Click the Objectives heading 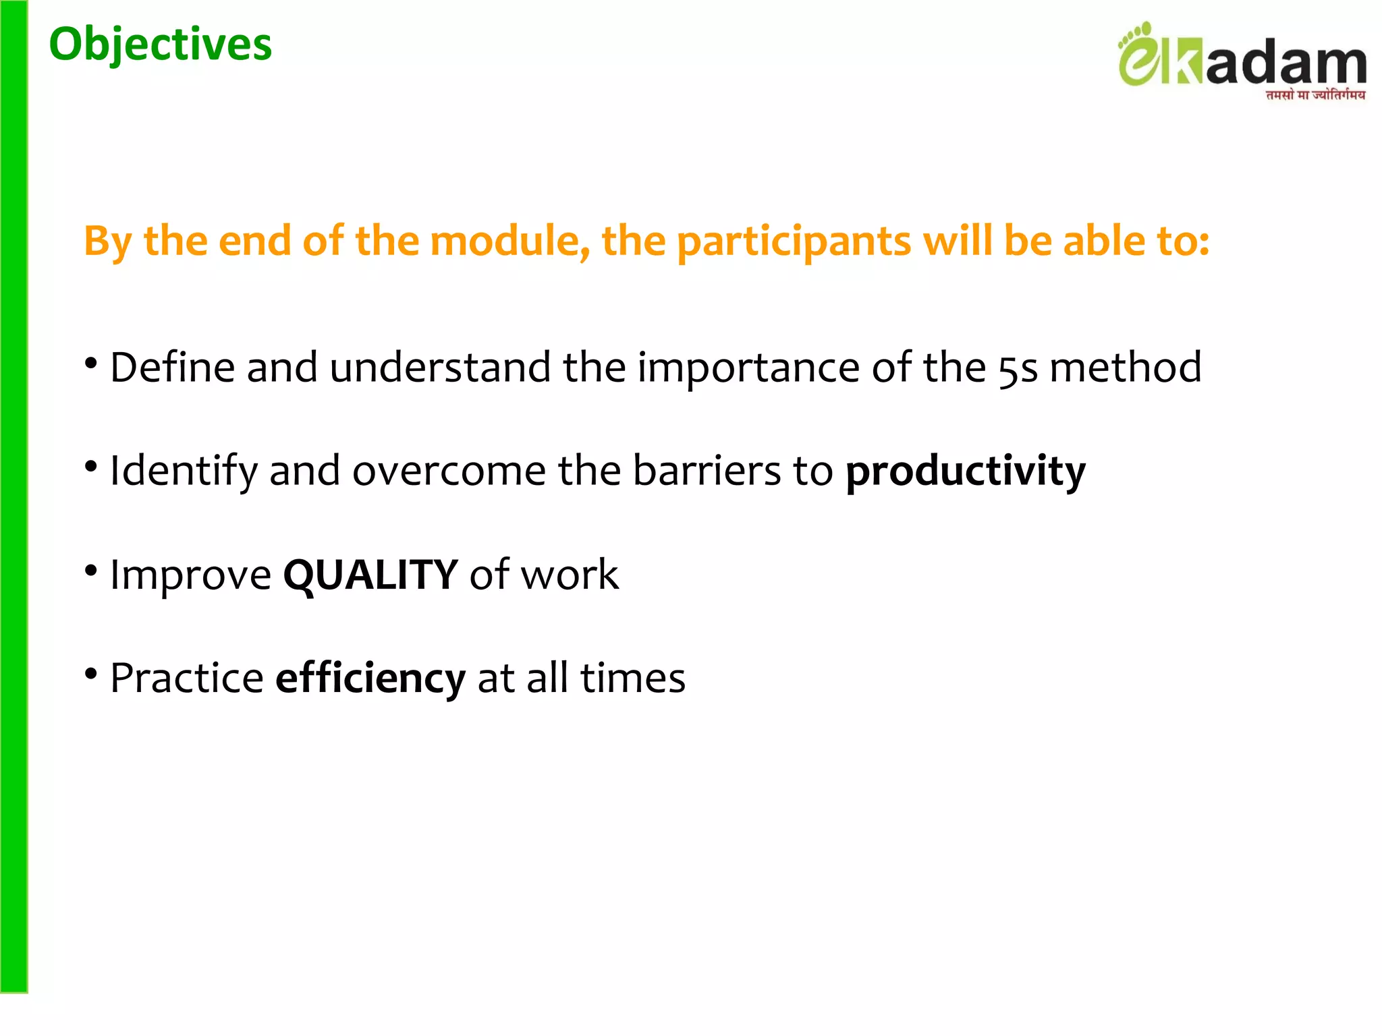[x=161, y=45]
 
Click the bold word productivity [x=965, y=471]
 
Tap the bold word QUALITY [x=370, y=575]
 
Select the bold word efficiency [x=370, y=678]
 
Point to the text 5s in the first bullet [x=1018, y=368]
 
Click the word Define [x=172, y=368]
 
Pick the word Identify [x=184, y=471]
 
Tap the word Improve [x=190, y=575]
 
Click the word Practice [x=187, y=678]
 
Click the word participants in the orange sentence [x=794, y=242]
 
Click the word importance [x=748, y=368]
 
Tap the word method [x=1125, y=368]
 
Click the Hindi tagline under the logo [x=1315, y=95]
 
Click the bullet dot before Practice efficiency [x=91, y=674]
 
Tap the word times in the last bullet [x=632, y=678]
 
